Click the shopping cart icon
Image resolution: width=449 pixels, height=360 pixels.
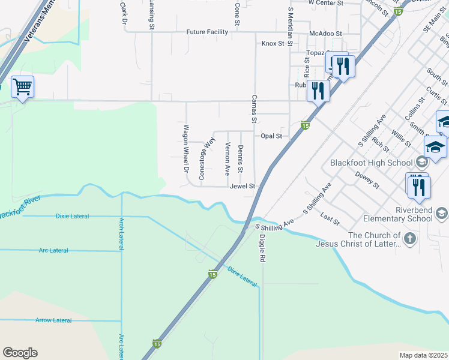click(22, 87)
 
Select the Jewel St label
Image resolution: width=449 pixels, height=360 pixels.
click(243, 187)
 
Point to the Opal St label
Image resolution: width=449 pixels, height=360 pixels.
click(271, 136)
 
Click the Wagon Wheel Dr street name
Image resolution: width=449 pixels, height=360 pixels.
click(187, 149)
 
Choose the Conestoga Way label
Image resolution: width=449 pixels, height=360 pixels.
click(206, 159)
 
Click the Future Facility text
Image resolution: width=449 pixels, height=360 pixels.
click(207, 32)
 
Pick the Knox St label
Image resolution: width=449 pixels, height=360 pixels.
click(273, 44)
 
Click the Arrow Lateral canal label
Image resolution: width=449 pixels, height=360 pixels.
click(53, 320)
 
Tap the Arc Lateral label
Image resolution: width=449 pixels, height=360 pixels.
click(53, 250)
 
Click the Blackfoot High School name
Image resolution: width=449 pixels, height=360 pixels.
click(370, 163)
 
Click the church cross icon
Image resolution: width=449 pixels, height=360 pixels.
click(409, 239)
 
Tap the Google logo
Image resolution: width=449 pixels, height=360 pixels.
click(20, 353)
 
